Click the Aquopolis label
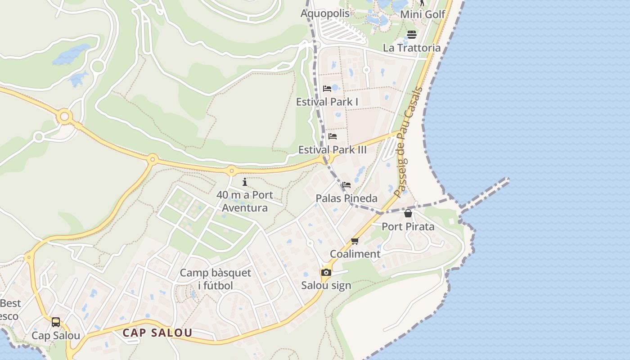[325, 13]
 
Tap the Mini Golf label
[423, 14]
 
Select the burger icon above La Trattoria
[412, 35]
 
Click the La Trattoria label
[412, 48]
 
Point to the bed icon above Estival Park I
[327, 89]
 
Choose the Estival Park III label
[333, 150]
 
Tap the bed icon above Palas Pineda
[346, 185]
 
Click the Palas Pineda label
[346, 198]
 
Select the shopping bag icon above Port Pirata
[408, 213]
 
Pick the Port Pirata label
[408, 226]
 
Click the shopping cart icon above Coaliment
[355, 241]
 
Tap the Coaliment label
[355, 254]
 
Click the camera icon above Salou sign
[326, 272]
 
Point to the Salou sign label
[326, 285]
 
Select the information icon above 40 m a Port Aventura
[245, 182]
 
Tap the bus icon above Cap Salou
[56, 322]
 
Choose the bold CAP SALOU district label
[157, 333]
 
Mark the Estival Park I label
[327, 102]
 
